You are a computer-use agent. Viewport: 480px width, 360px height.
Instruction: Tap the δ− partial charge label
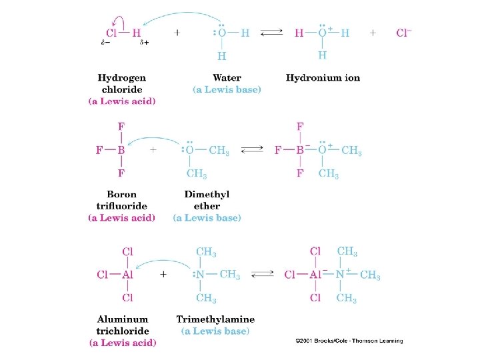point(105,43)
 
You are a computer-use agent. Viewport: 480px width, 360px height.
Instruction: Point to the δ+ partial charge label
point(144,43)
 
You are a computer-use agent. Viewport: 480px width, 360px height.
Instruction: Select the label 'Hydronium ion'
point(323,78)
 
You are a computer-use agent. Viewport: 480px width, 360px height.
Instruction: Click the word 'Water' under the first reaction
point(227,78)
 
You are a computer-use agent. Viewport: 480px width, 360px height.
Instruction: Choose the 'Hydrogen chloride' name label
point(122,83)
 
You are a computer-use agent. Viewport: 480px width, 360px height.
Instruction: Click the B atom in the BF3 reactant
point(121,150)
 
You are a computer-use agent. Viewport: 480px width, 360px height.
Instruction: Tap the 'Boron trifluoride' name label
point(122,201)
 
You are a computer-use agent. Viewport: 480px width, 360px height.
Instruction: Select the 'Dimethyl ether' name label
point(207,201)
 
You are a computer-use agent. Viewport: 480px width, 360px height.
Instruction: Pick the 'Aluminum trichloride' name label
point(123,325)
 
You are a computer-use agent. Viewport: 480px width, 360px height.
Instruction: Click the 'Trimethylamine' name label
point(215,320)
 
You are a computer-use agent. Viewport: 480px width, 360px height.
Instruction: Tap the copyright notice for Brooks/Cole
point(349,341)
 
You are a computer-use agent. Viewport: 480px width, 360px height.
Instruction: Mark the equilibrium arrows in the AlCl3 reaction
point(263,274)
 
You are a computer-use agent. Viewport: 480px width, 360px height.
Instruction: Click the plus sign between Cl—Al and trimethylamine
point(163,274)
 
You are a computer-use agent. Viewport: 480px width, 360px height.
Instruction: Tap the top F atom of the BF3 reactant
point(121,126)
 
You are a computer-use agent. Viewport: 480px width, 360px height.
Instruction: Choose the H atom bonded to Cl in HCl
point(137,32)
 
